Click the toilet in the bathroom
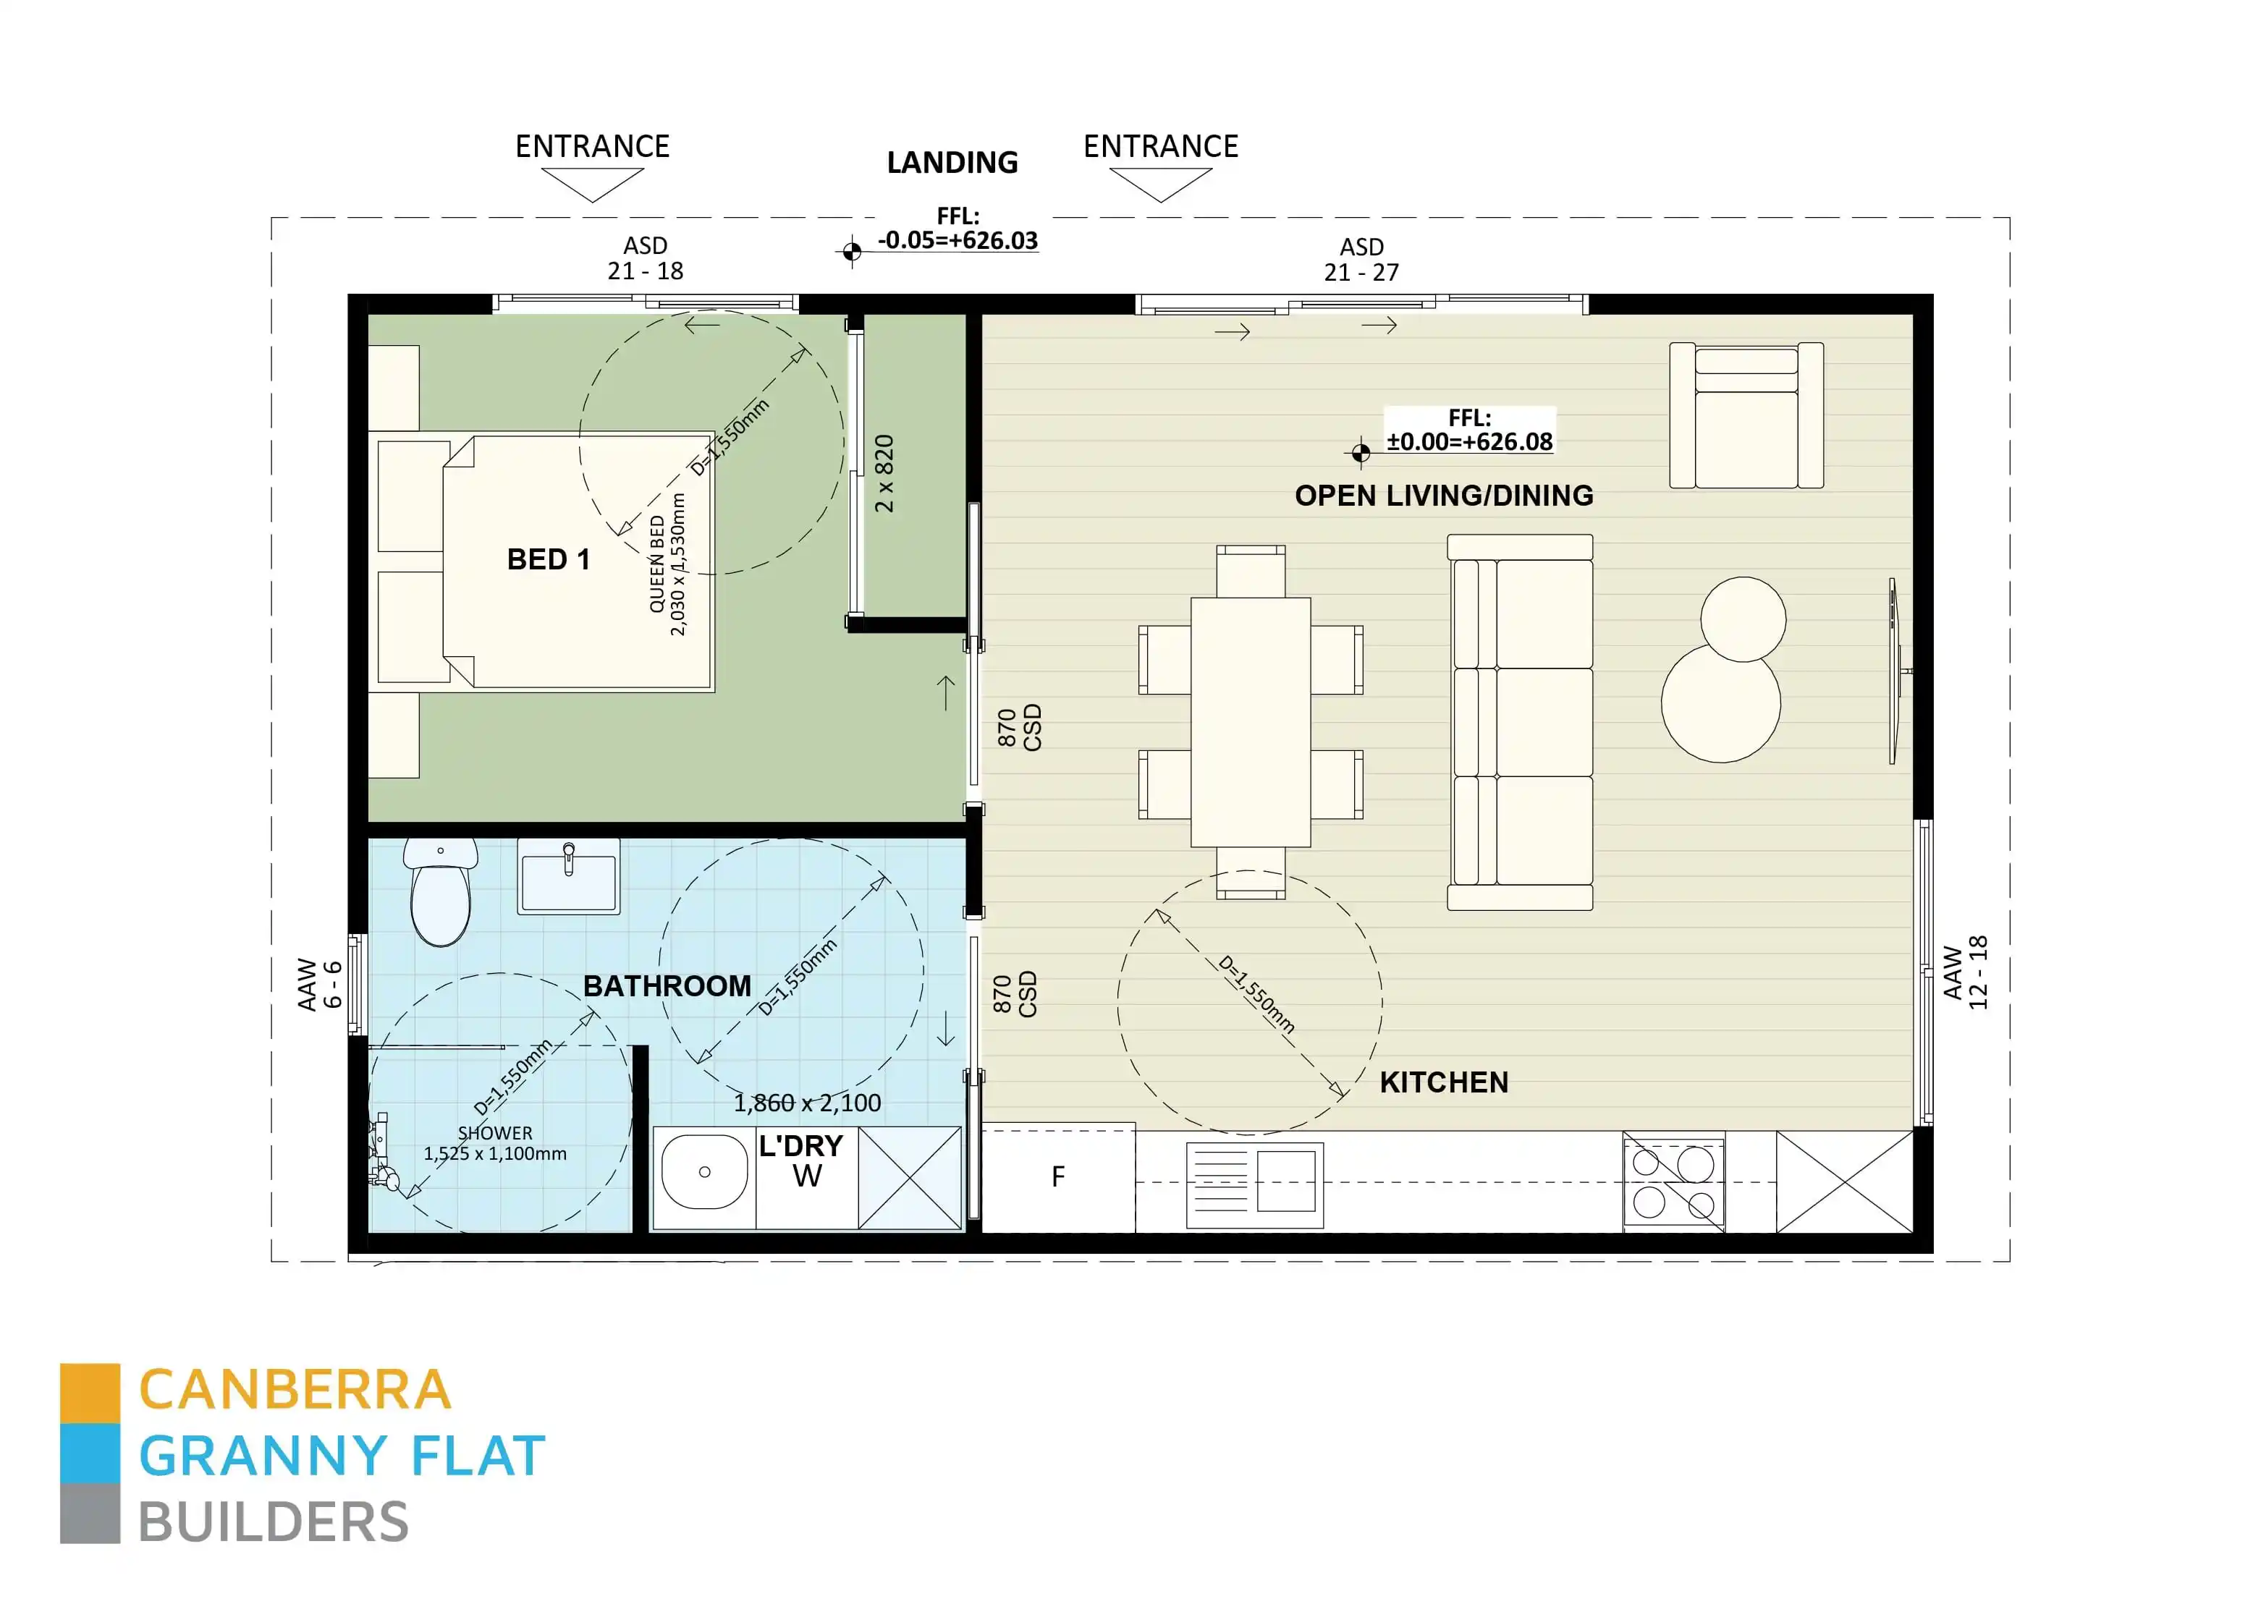click(441, 894)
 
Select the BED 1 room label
click(548, 560)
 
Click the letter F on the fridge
click(1058, 1177)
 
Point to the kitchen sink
click(1254, 1185)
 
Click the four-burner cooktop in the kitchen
click(1673, 1182)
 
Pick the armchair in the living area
click(1746, 416)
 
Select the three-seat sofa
click(1520, 722)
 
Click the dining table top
click(1251, 722)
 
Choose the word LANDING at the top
click(952, 163)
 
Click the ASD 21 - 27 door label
click(1361, 260)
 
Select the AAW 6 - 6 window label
click(320, 985)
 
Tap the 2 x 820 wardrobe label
click(884, 474)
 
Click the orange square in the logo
click(90, 1393)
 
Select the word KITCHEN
click(1443, 1082)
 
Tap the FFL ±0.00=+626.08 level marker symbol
click(1360, 452)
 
